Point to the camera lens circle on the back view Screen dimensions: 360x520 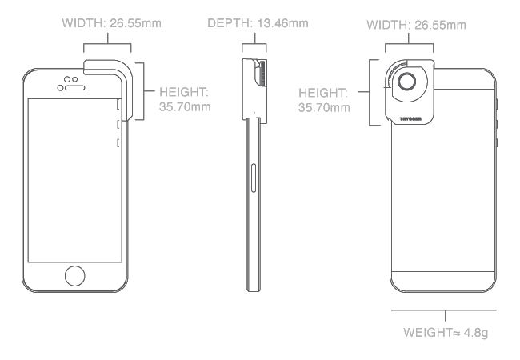pyautogui.click(x=408, y=82)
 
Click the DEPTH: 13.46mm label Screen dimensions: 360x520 pyautogui.click(x=258, y=23)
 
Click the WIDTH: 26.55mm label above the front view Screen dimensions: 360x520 pyautogui.click(x=111, y=23)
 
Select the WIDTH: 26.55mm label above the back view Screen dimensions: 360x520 pyautogui.click(x=416, y=26)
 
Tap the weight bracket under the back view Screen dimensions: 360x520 pyautogui.click(x=442, y=314)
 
